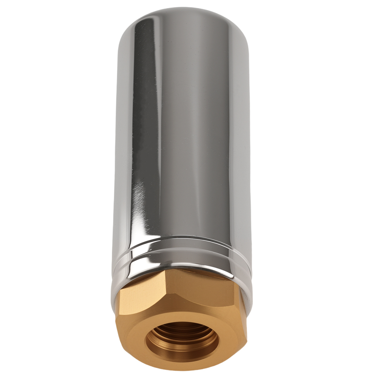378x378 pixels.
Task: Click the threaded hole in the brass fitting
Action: (183, 342)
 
